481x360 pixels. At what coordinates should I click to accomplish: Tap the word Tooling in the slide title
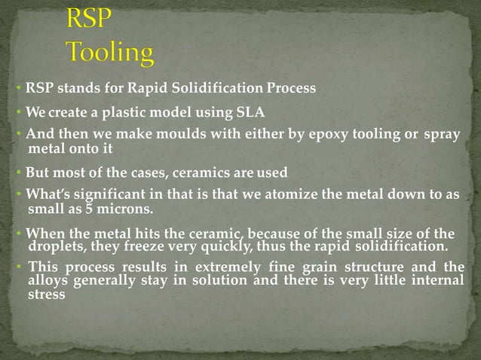[110, 52]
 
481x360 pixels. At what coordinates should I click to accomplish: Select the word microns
[124, 208]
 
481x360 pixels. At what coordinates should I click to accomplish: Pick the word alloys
[50, 280]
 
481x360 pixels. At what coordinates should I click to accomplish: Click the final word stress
[46, 295]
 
